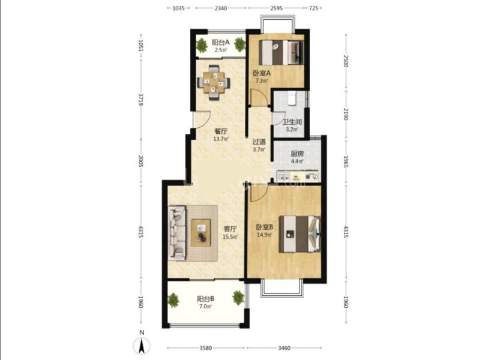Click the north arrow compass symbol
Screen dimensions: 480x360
click(x=142, y=347)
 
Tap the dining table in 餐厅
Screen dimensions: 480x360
click(x=214, y=82)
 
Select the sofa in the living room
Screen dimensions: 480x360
click(x=177, y=233)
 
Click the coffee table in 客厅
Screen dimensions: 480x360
click(x=201, y=233)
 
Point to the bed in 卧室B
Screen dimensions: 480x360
click(x=300, y=234)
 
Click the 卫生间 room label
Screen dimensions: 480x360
click(x=292, y=122)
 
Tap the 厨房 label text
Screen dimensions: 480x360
click(x=297, y=154)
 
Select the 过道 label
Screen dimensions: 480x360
click(x=259, y=142)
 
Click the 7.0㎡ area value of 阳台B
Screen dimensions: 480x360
click(x=205, y=306)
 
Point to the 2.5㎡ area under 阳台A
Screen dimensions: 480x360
click(x=220, y=50)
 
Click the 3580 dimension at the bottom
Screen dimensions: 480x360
click(x=206, y=348)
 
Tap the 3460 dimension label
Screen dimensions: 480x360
click(x=284, y=348)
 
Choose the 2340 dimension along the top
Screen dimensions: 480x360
click(x=221, y=8)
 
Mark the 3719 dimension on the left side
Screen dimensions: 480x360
click(x=141, y=99)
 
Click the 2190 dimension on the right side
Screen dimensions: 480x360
click(x=346, y=114)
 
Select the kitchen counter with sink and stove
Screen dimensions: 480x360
click(x=298, y=176)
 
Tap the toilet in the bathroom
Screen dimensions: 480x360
click(x=292, y=98)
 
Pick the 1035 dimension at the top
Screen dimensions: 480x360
click(x=179, y=8)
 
